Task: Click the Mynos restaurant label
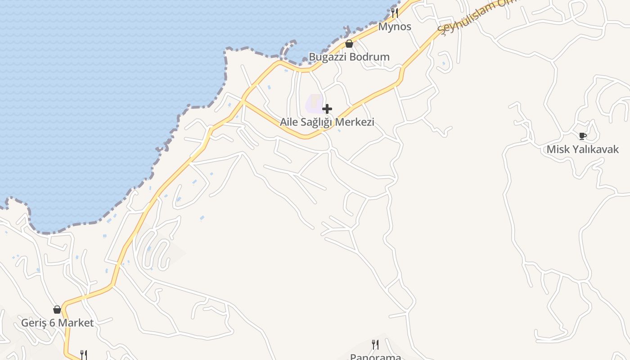395,27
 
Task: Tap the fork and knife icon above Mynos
395,13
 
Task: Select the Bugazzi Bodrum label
349,57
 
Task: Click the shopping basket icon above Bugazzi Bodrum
349,44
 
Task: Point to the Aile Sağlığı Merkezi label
327,122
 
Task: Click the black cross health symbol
327,109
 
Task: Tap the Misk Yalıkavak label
583,149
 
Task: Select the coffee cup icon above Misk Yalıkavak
583,136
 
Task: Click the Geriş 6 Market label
58,323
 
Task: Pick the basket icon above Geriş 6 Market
57,310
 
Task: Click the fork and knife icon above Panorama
375,345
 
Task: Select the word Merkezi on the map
356,122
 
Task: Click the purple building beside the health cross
314,103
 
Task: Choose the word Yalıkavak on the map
594,149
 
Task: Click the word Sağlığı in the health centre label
318,122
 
